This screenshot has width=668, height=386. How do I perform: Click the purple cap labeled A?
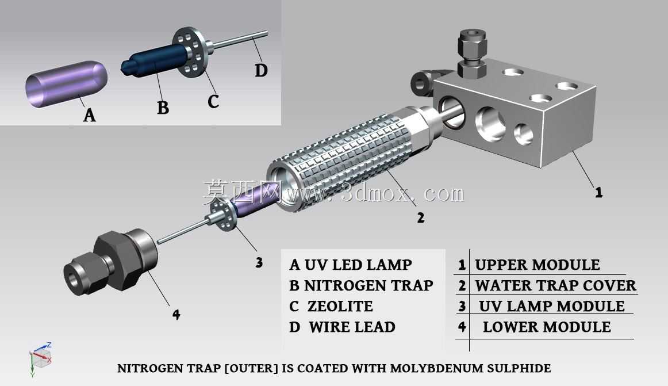coord(67,83)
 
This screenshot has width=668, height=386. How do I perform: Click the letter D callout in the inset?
coord(261,70)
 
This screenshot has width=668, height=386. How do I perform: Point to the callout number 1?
coord(598,192)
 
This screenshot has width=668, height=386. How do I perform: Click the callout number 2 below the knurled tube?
coord(420,218)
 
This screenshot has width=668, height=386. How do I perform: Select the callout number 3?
coord(259,262)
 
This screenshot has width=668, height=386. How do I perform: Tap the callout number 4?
coord(176,315)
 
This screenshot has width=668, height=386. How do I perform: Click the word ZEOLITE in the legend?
coord(340,306)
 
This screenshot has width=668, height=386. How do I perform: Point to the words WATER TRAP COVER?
coord(555,285)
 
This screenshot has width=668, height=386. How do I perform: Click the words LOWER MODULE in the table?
coord(547,327)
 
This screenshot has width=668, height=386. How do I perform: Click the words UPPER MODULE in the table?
coord(537,265)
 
